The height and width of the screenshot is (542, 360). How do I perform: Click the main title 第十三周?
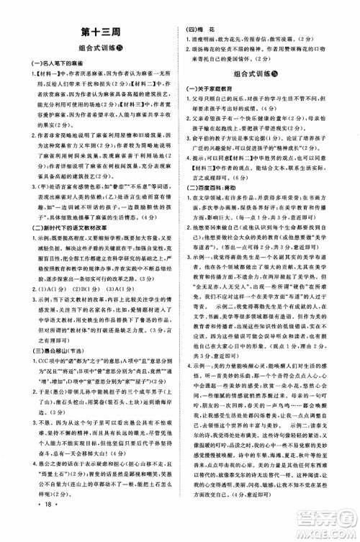(x=89, y=32)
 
